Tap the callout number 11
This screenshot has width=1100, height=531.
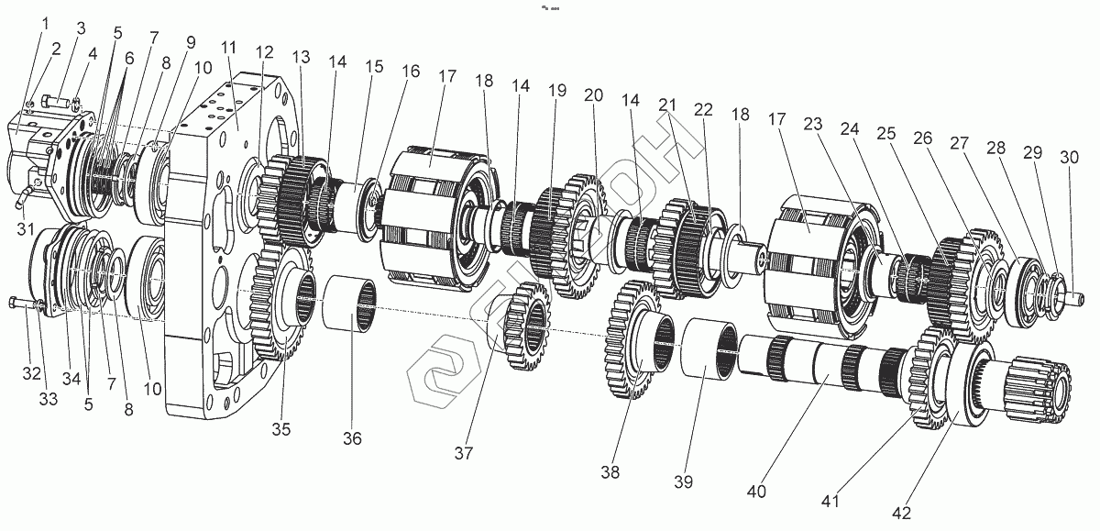click(x=227, y=48)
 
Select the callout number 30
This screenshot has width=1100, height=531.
click(x=1069, y=158)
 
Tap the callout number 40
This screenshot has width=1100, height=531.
click(x=755, y=491)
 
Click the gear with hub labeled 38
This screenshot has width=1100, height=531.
click(x=632, y=339)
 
